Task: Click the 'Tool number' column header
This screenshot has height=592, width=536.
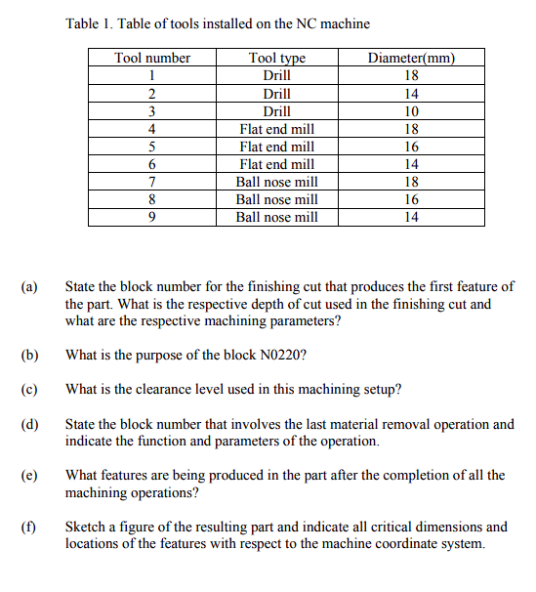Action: pyautogui.click(x=152, y=58)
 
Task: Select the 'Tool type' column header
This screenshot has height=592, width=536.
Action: pyautogui.click(x=277, y=58)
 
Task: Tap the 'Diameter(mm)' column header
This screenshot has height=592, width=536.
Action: pyautogui.click(x=411, y=58)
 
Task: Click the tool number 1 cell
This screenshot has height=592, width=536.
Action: pyautogui.click(x=152, y=75)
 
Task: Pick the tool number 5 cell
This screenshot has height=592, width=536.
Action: pyautogui.click(x=152, y=147)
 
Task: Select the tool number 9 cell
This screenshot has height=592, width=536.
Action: pyautogui.click(x=152, y=217)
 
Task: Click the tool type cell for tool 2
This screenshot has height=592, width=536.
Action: pyautogui.click(x=277, y=94)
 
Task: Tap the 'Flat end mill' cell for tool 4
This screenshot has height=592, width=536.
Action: pyautogui.click(x=277, y=129)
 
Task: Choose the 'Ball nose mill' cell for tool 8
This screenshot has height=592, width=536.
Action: pyautogui.click(x=277, y=199)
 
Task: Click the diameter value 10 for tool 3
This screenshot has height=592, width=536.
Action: pyautogui.click(x=411, y=111)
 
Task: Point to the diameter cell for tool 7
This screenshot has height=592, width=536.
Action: pyautogui.click(x=411, y=182)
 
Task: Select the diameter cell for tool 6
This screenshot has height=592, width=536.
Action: pyautogui.click(x=411, y=164)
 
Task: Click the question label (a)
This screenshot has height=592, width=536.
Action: pyautogui.click(x=29, y=287)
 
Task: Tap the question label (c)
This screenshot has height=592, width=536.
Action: pyautogui.click(x=29, y=390)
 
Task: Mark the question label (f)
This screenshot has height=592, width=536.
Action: pyautogui.click(x=29, y=528)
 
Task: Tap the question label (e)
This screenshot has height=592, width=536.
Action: pyautogui.click(x=29, y=476)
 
